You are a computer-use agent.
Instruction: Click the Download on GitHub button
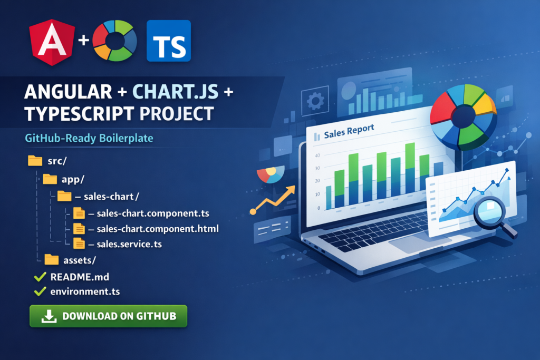tap(108, 316)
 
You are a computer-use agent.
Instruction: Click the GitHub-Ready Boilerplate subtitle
tap(89, 138)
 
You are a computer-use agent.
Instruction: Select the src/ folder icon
tap(35, 160)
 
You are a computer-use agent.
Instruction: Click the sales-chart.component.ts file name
tap(153, 213)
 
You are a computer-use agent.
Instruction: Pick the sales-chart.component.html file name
tap(158, 229)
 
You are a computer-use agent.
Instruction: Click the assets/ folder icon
tap(52, 259)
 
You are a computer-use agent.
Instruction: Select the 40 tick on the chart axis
tap(317, 155)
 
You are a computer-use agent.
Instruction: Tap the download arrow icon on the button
tap(49, 316)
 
